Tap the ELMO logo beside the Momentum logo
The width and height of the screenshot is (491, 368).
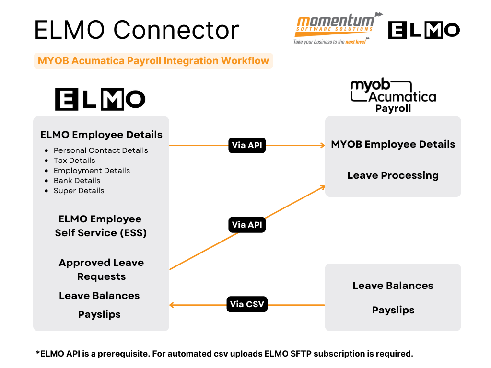424,30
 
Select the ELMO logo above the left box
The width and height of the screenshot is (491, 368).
100,99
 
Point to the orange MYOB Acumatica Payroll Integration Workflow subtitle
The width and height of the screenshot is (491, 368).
153,61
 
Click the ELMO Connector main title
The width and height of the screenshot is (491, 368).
137,30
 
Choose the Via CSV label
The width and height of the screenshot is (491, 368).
247,304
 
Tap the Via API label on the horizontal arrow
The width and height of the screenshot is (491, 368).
247,145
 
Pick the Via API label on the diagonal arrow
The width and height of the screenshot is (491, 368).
247,224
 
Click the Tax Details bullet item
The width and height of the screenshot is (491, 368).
74,161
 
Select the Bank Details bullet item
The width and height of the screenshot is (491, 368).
77,181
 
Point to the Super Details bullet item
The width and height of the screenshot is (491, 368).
79,191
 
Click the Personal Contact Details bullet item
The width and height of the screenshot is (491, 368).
101,150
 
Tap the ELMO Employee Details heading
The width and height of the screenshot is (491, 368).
101,135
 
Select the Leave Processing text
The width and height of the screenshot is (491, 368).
393,175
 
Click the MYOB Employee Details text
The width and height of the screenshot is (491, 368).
393,144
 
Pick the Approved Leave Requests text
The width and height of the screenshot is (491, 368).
101,269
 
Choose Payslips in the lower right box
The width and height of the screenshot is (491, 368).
393,310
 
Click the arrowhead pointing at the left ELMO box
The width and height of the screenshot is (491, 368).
172,305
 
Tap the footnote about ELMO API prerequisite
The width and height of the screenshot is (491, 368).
224,354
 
